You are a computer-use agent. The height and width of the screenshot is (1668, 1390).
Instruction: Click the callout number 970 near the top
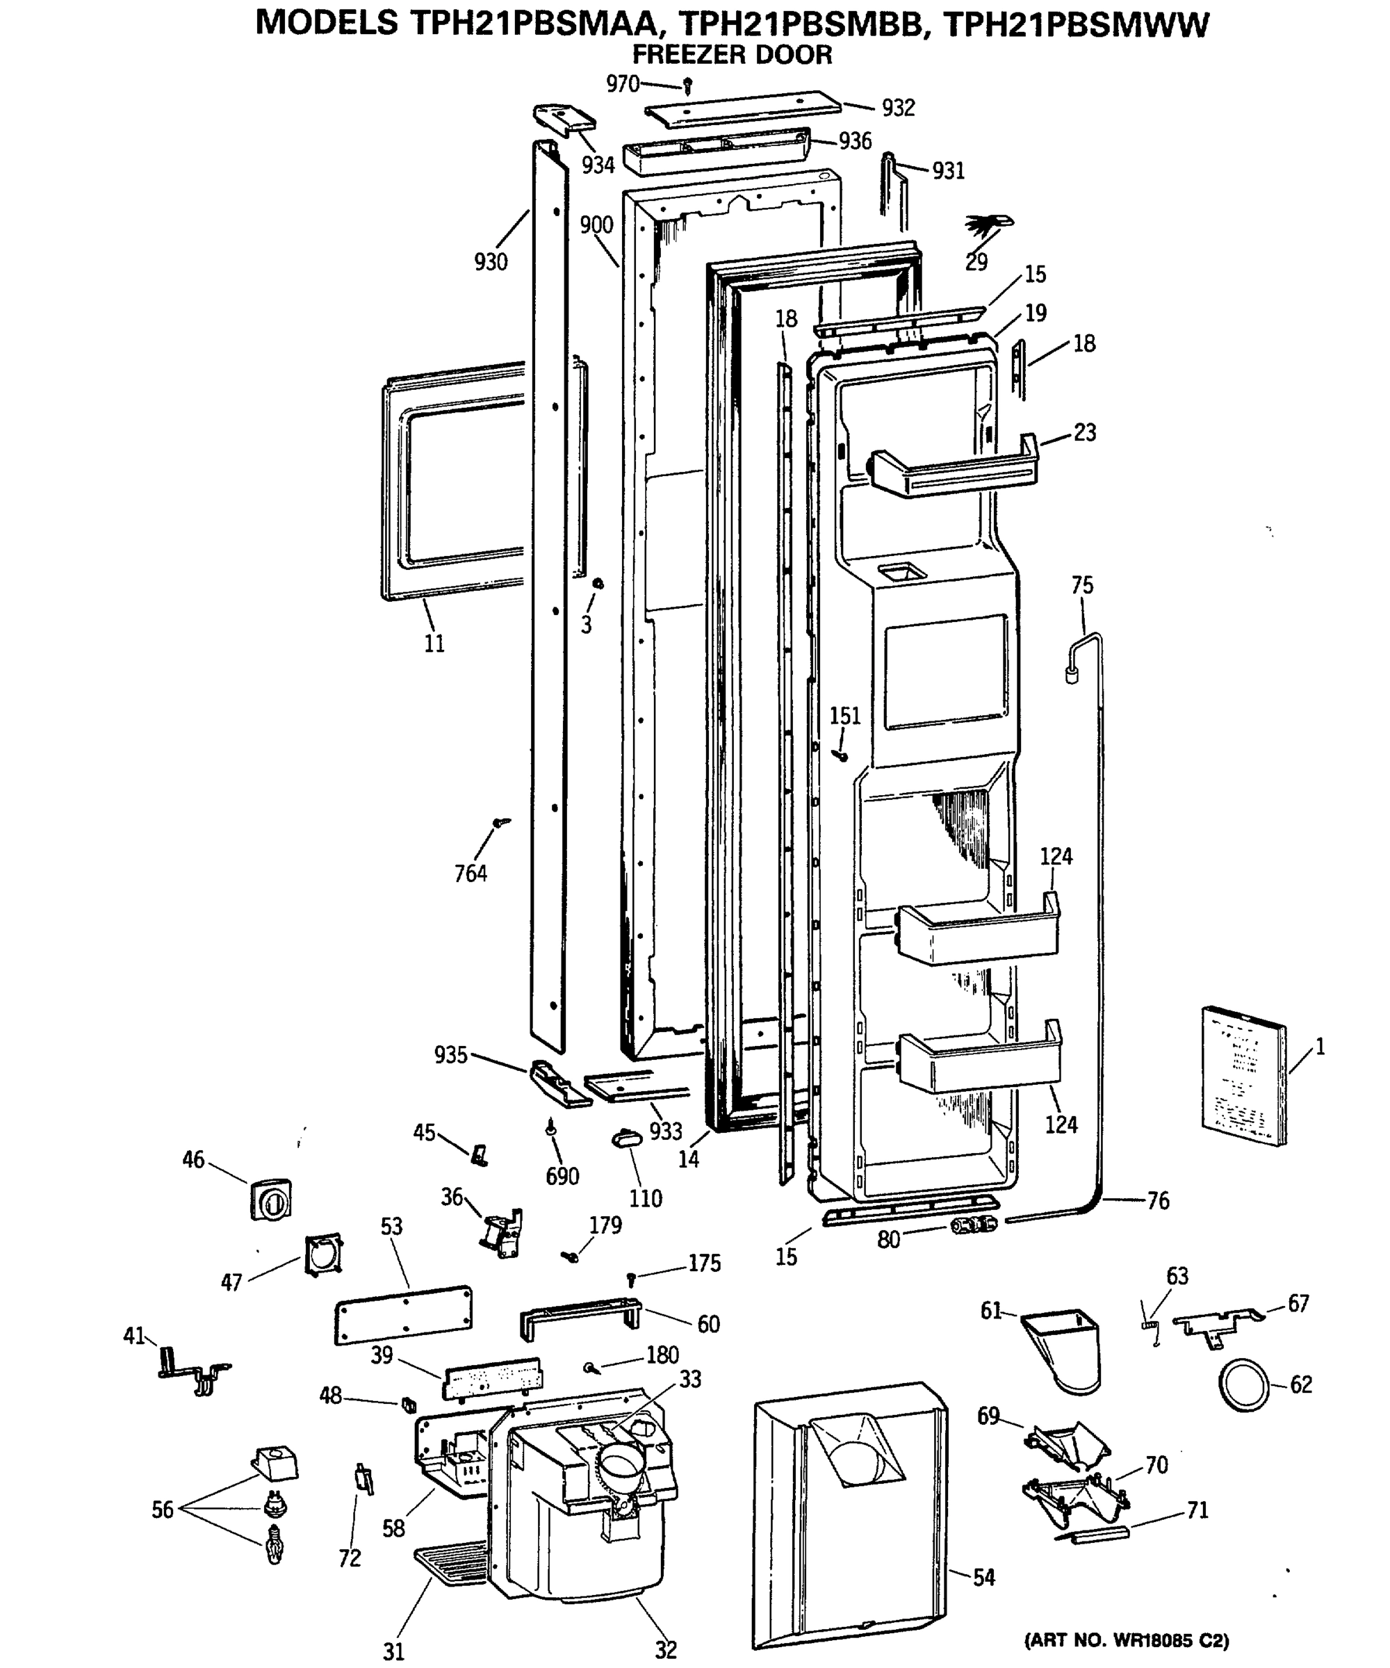[622, 83]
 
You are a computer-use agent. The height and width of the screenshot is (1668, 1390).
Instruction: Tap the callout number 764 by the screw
[471, 874]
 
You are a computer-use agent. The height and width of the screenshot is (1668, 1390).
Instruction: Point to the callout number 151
[845, 717]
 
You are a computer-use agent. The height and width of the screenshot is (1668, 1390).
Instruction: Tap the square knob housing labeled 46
[271, 1200]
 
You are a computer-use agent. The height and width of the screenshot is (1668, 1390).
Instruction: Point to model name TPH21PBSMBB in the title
[801, 24]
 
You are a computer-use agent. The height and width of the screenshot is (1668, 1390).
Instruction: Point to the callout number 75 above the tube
[1082, 585]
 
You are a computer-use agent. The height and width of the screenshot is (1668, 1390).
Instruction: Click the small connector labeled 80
[972, 1225]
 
